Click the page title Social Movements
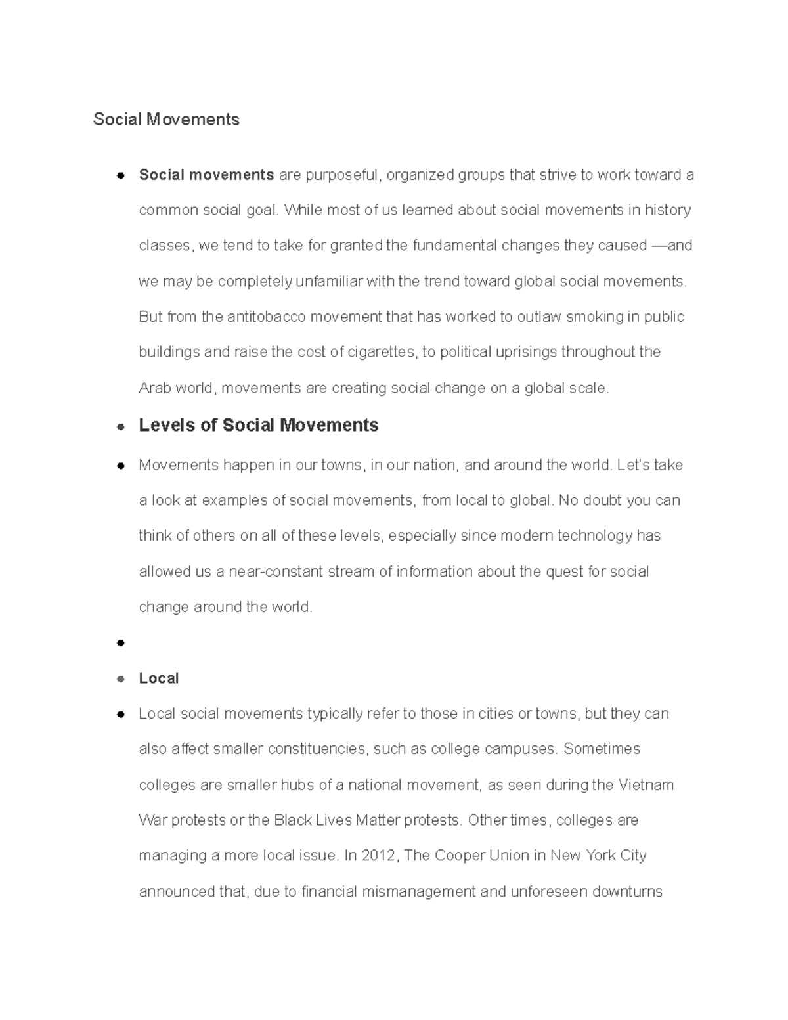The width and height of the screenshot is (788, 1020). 166,120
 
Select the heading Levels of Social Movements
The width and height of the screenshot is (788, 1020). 258,425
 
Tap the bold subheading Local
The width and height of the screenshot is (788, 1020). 158,678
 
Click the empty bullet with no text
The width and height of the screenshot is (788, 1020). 120,643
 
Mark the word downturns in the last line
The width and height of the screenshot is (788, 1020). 627,891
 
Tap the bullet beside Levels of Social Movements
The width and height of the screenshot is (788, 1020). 120,426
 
